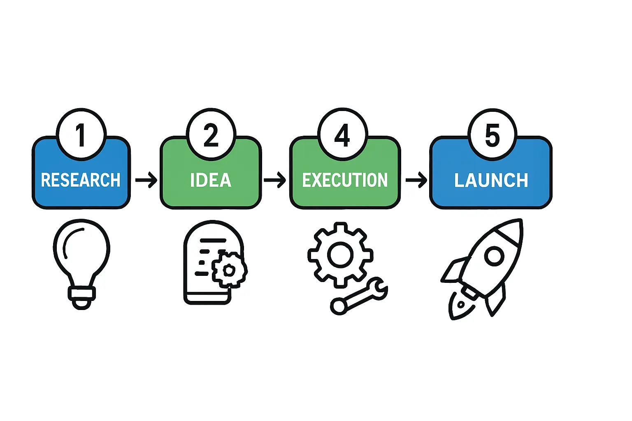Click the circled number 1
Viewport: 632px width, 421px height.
pos(81,134)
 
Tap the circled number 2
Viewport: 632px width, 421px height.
pos(211,134)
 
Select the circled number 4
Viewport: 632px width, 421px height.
pos(342,134)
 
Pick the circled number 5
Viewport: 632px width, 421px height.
pos(492,135)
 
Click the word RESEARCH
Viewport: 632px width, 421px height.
pos(81,180)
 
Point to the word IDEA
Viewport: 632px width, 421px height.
pos(211,180)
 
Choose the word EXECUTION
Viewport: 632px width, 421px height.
pos(345,180)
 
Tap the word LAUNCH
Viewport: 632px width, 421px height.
pos(491,180)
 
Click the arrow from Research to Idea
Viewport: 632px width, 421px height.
pos(146,180)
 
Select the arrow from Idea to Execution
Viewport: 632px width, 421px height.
pos(275,180)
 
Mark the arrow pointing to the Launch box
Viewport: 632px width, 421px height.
pos(416,180)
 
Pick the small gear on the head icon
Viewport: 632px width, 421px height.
pos(229,270)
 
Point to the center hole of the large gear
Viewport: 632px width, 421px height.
pos(340,255)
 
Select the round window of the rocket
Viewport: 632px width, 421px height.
pos(494,257)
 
